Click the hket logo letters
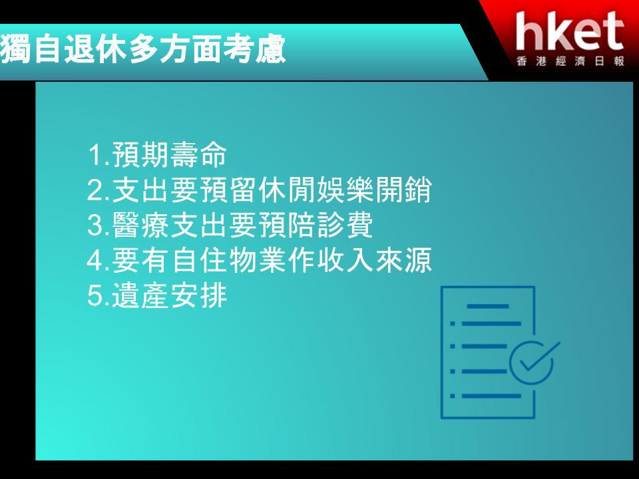tap(570, 31)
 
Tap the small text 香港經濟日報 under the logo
tap(570, 61)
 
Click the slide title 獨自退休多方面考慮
tap(142, 49)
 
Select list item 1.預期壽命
tap(157, 155)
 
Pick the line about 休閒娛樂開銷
tap(260, 190)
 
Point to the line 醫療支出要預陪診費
tap(230, 226)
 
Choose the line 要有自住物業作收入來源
tap(260, 260)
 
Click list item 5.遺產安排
tap(157, 295)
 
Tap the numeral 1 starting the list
tap(95, 155)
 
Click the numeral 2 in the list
tap(95, 190)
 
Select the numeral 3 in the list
tap(95, 226)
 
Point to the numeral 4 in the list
tap(95, 260)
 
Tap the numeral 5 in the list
tap(95, 295)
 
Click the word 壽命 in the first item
tap(198, 155)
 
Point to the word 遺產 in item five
tap(140, 295)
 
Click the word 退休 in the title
tap(95, 49)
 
